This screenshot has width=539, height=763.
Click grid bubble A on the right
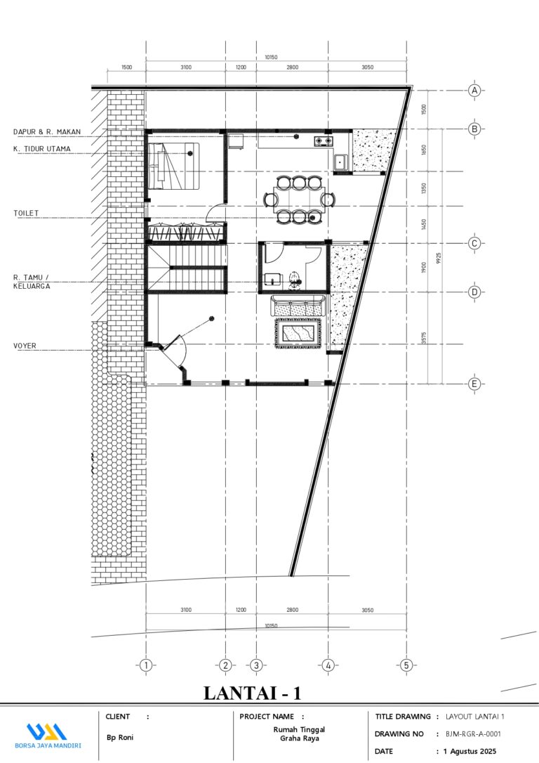(x=475, y=91)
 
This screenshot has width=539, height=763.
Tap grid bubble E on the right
(x=475, y=384)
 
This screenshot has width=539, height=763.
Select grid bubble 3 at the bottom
(x=256, y=665)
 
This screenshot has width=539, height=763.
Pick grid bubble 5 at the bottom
(x=406, y=665)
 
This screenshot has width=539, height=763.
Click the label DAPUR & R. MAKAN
(x=47, y=131)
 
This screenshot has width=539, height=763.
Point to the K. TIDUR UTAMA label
(x=43, y=149)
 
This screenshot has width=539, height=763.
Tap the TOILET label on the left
(x=26, y=212)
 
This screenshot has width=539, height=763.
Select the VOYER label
(x=25, y=346)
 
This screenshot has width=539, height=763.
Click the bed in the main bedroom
(x=173, y=167)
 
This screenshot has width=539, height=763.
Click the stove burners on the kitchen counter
(x=323, y=141)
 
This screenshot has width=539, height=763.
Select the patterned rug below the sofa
(x=299, y=332)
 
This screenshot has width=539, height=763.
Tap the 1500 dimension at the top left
(x=126, y=67)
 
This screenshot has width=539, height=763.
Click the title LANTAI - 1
(x=253, y=693)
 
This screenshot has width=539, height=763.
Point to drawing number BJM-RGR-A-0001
(x=473, y=734)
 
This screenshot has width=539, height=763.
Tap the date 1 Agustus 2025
(x=471, y=752)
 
